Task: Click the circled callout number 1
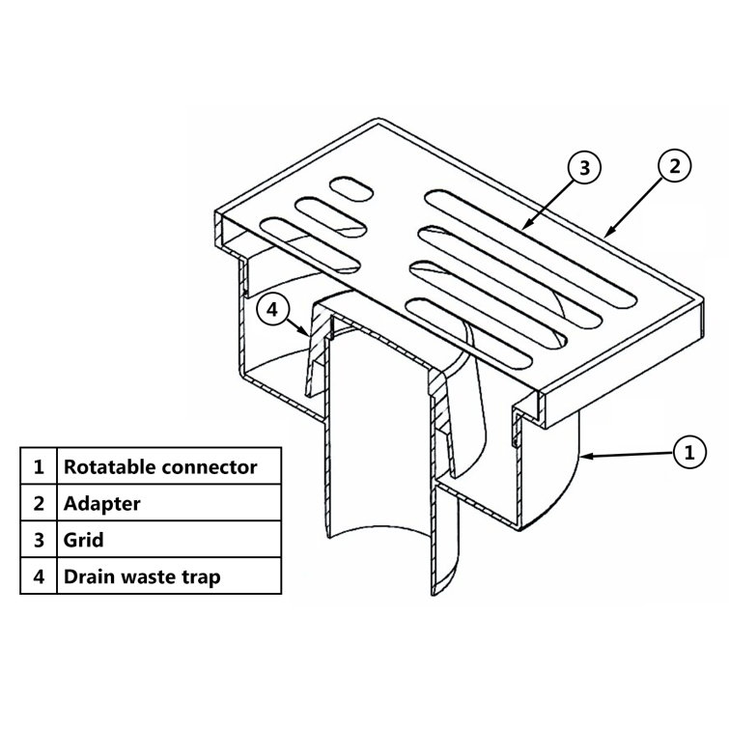point(689,452)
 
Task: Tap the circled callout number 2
point(674,166)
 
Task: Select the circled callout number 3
point(584,167)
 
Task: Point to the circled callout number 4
point(272,309)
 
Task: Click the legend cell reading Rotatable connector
point(160,466)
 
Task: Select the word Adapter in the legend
point(101,503)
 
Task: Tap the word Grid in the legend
point(83,540)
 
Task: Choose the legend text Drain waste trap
point(142,576)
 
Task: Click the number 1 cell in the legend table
point(39,466)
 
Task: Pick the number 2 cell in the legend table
point(39,503)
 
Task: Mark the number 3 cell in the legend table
point(39,540)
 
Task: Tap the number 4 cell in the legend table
point(39,576)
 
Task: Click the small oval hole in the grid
point(351,188)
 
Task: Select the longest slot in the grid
point(530,248)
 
